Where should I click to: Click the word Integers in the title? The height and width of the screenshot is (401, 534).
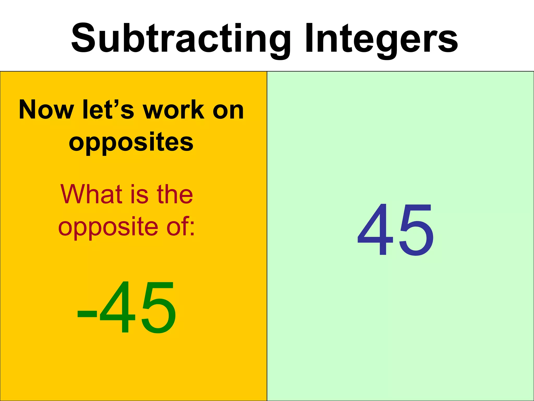381,39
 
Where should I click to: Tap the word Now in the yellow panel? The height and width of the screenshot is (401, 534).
46,110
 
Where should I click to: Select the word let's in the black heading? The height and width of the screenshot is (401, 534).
108,110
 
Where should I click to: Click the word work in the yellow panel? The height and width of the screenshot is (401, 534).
173,110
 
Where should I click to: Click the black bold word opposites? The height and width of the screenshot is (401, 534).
131,143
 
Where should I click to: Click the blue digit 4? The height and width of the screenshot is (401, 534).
375,230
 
